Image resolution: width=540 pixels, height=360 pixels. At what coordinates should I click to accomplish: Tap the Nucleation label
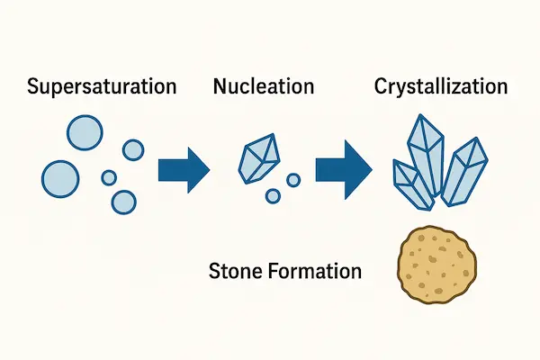click(264, 88)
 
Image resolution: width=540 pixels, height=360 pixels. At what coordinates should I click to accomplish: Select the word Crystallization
click(440, 88)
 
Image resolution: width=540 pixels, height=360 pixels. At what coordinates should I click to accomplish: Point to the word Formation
click(314, 269)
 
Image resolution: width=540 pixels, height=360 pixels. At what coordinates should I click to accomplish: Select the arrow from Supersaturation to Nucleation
click(183, 166)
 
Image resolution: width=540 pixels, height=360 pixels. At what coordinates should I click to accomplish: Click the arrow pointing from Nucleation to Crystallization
click(344, 166)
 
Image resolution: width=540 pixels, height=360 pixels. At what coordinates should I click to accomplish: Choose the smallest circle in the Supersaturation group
click(110, 177)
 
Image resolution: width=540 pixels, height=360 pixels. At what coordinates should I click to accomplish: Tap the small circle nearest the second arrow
click(293, 180)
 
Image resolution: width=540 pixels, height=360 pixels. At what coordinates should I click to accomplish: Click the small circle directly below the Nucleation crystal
click(272, 195)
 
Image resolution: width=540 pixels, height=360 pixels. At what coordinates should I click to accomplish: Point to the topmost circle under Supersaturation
click(84, 132)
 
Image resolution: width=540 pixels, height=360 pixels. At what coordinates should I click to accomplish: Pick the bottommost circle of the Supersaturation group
click(124, 200)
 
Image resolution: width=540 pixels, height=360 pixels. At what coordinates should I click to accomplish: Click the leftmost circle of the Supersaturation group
click(60, 177)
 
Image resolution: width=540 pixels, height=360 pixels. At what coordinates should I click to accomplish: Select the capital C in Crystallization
click(381, 88)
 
